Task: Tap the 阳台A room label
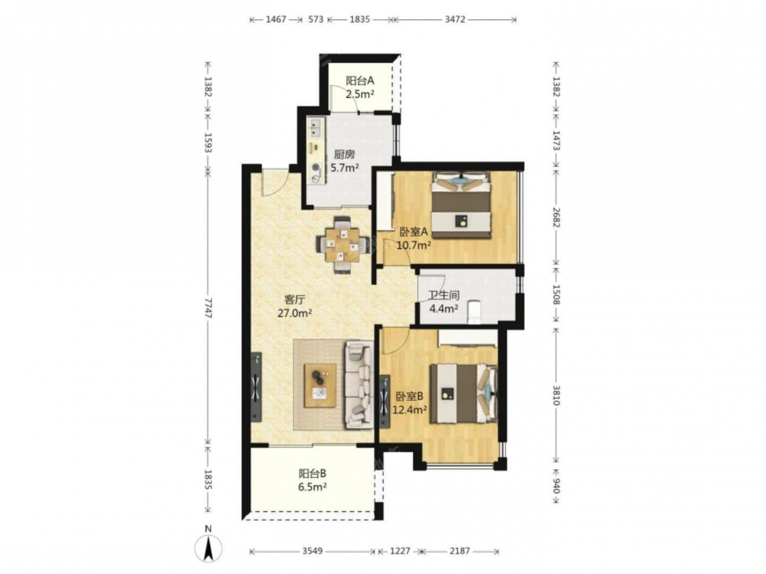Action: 360,80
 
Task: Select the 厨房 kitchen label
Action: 345,155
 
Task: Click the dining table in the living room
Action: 342,244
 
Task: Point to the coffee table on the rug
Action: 320,385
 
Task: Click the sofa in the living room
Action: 359,385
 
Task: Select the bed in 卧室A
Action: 460,205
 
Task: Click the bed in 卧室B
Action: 463,393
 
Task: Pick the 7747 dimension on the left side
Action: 208,308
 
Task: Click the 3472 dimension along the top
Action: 455,20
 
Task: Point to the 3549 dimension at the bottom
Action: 313,551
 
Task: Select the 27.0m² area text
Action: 295,313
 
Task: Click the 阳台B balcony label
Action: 313,474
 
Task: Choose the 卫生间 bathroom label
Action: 444,295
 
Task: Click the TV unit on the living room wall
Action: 256,387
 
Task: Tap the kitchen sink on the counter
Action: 315,128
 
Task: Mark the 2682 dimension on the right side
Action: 556,217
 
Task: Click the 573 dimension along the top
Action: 316,20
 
